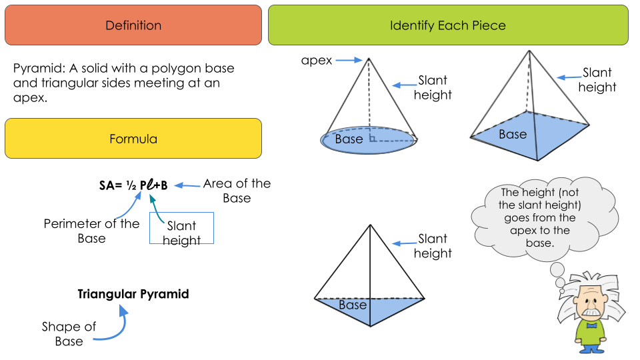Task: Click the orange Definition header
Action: tap(133, 25)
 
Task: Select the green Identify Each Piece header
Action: tap(448, 25)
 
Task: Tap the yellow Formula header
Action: tap(133, 139)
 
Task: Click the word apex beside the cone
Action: tap(317, 61)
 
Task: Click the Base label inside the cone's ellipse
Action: tap(349, 139)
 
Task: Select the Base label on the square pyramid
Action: tap(513, 135)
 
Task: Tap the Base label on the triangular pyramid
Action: tap(353, 305)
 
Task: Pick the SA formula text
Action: tap(133, 185)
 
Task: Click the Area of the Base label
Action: tap(237, 191)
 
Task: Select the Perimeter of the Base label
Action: tap(91, 231)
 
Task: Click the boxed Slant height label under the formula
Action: tap(181, 233)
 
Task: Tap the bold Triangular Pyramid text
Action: tap(133, 294)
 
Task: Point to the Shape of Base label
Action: tap(69, 334)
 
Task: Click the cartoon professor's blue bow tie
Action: tap(591, 325)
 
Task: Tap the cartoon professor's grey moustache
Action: tap(591, 312)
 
